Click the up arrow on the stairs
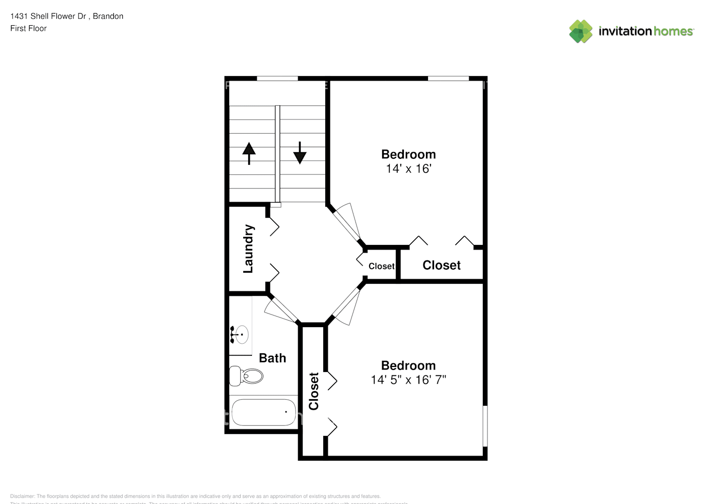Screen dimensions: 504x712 [249, 153]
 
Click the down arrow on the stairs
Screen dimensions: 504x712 [300, 153]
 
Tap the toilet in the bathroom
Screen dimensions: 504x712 [247, 375]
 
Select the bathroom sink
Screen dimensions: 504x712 [241, 334]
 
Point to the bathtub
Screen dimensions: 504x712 [263, 412]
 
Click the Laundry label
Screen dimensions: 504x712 [248, 248]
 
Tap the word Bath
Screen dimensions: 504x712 [272, 358]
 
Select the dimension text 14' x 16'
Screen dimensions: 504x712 [408, 169]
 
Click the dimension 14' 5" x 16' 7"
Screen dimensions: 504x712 [408, 380]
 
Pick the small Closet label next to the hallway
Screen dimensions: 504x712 [381, 266]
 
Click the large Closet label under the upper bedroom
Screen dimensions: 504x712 [441, 265]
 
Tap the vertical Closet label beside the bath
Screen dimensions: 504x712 [314, 391]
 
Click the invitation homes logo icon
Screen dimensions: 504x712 [581, 31]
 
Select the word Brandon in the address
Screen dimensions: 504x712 [108, 16]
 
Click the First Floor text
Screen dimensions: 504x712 [28, 28]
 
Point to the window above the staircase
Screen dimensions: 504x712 [277, 78]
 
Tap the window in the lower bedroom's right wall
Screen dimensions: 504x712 [485, 426]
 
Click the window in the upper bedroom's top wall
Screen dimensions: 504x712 [448, 78]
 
